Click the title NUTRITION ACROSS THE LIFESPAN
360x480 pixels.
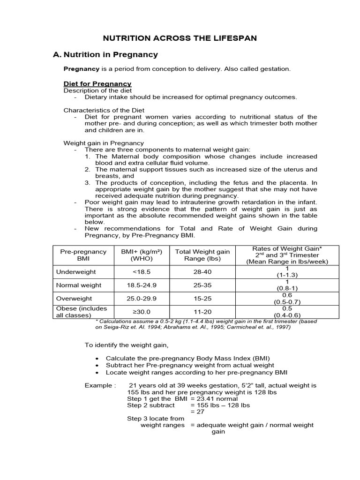pos(180,38)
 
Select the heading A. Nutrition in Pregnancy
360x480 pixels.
pos(105,55)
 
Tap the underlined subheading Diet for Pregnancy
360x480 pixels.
pos(97,84)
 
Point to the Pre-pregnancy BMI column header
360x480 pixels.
pos(83,255)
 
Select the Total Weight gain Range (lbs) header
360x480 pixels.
pos(202,255)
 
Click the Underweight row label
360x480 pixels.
pos(76,272)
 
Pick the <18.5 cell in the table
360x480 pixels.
pos(142,272)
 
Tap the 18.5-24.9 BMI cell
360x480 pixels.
pos(142,285)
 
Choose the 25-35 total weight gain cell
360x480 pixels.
pos(202,285)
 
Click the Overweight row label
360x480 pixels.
pos(74,299)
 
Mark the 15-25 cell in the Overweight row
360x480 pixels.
pos(202,299)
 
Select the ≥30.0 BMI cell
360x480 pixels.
pos(142,312)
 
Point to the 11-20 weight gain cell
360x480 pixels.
pos(202,312)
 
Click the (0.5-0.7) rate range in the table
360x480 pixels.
pos(287,302)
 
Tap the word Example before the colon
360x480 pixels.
pos(98,385)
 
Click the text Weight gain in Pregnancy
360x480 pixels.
pos(104,143)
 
